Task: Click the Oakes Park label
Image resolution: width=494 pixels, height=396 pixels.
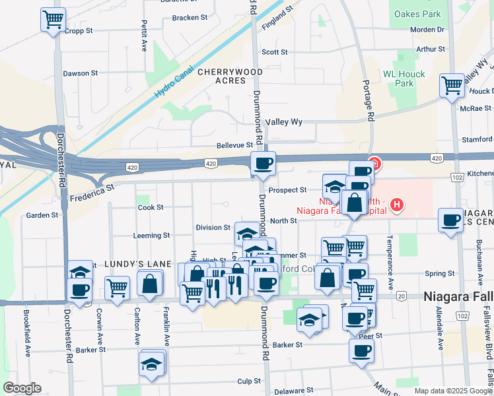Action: click(417, 14)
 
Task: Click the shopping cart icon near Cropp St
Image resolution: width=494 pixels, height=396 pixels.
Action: click(53, 18)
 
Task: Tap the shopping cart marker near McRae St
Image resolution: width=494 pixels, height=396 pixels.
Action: click(452, 84)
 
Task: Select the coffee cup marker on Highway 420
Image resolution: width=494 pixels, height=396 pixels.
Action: click(263, 163)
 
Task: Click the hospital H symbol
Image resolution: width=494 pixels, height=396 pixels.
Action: click(396, 205)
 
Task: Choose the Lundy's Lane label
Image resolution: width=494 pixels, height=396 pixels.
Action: click(128, 264)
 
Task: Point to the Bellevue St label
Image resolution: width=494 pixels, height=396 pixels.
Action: click(235, 145)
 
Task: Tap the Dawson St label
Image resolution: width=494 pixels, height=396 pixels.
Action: click(81, 73)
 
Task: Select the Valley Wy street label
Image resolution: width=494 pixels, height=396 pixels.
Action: click(284, 122)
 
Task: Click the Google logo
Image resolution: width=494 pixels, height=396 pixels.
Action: click(21, 388)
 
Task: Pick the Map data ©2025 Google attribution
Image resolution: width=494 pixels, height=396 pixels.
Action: click(453, 391)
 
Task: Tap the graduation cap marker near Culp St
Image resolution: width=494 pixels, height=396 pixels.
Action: click(151, 362)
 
